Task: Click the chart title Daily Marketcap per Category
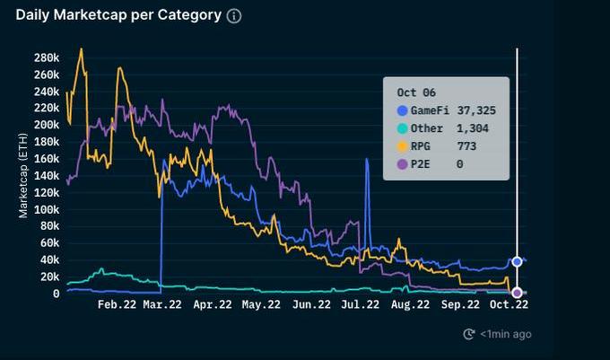click(x=118, y=15)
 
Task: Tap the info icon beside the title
click(x=234, y=16)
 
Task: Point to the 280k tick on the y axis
click(x=46, y=57)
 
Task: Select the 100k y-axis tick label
click(x=46, y=209)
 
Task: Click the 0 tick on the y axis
click(x=56, y=294)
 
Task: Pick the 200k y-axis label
click(x=46, y=125)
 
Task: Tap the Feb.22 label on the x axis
click(x=117, y=304)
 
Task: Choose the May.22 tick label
click(x=261, y=304)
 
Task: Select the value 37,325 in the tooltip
click(x=476, y=110)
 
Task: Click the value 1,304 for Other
click(x=472, y=128)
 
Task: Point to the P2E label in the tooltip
click(x=422, y=163)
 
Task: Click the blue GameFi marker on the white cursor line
click(x=517, y=261)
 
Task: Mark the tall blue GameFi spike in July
click(x=367, y=162)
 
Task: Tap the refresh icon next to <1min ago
click(x=468, y=334)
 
